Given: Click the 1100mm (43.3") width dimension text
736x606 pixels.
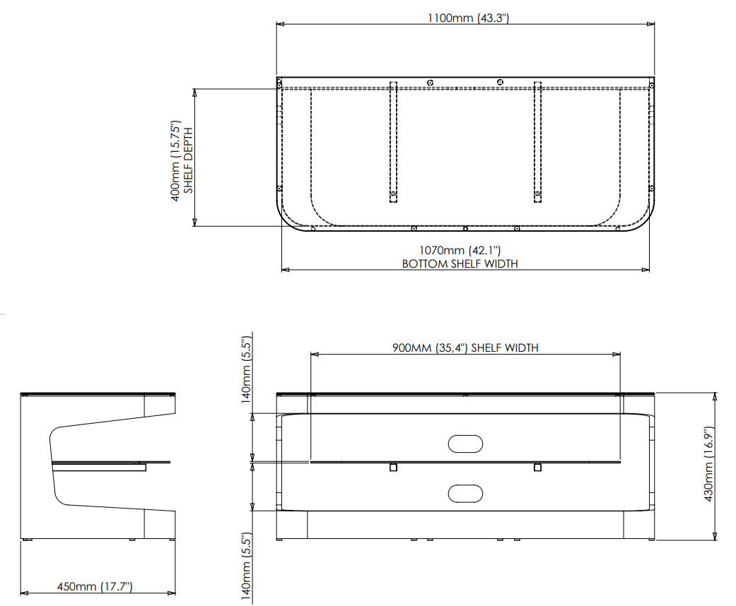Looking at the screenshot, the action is (468, 18).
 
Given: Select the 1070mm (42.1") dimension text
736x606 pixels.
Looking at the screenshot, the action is (460, 251).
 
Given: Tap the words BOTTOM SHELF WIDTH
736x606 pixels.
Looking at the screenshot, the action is (460, 263).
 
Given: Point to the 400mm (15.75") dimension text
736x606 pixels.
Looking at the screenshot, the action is (175, 161).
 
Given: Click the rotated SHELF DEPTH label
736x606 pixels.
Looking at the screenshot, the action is (188, 160).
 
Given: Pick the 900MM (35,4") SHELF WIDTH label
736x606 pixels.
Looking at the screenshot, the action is (465, 347).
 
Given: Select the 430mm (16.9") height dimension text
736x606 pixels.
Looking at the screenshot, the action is (708, 464).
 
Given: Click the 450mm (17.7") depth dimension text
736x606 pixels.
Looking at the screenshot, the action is (95, 586).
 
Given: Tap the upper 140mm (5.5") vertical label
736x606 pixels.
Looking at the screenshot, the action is (247, 370).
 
